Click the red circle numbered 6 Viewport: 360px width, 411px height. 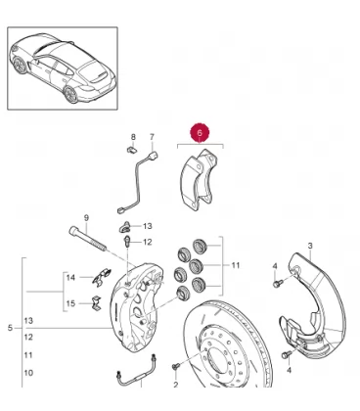[x=200, y=132]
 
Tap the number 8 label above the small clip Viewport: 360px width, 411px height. [x=133, y=137]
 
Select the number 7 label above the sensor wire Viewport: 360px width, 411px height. [x=152, y=137]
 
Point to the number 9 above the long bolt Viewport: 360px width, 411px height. [x=86, y=218]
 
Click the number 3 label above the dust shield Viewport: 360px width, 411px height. [x=310, y=246]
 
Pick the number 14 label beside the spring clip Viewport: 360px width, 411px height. [x=70, y=278]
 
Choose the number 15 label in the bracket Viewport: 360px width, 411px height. [x=70, y=303]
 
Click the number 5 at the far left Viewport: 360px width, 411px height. [x=10, y=328]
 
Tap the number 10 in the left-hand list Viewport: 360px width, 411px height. [x=28, y=373]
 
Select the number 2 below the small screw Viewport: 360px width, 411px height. [x=176, y=385]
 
